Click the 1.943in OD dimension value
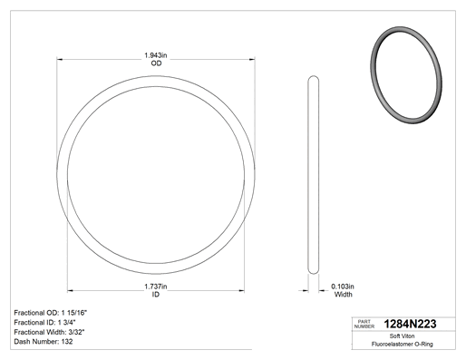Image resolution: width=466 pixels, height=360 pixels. [x=156, y=55]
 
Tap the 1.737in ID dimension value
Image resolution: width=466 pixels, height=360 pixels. [x=156, y=287]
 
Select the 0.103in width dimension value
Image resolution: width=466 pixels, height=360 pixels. [x=343, y=287]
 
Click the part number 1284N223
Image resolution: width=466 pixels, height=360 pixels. [x=410, y=324]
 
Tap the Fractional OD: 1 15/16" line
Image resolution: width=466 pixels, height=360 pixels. [x=51, y=313]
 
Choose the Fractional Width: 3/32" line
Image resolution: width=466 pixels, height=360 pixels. [x=49, y=332]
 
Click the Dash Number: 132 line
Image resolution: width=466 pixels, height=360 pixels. [x=44, y=342]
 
